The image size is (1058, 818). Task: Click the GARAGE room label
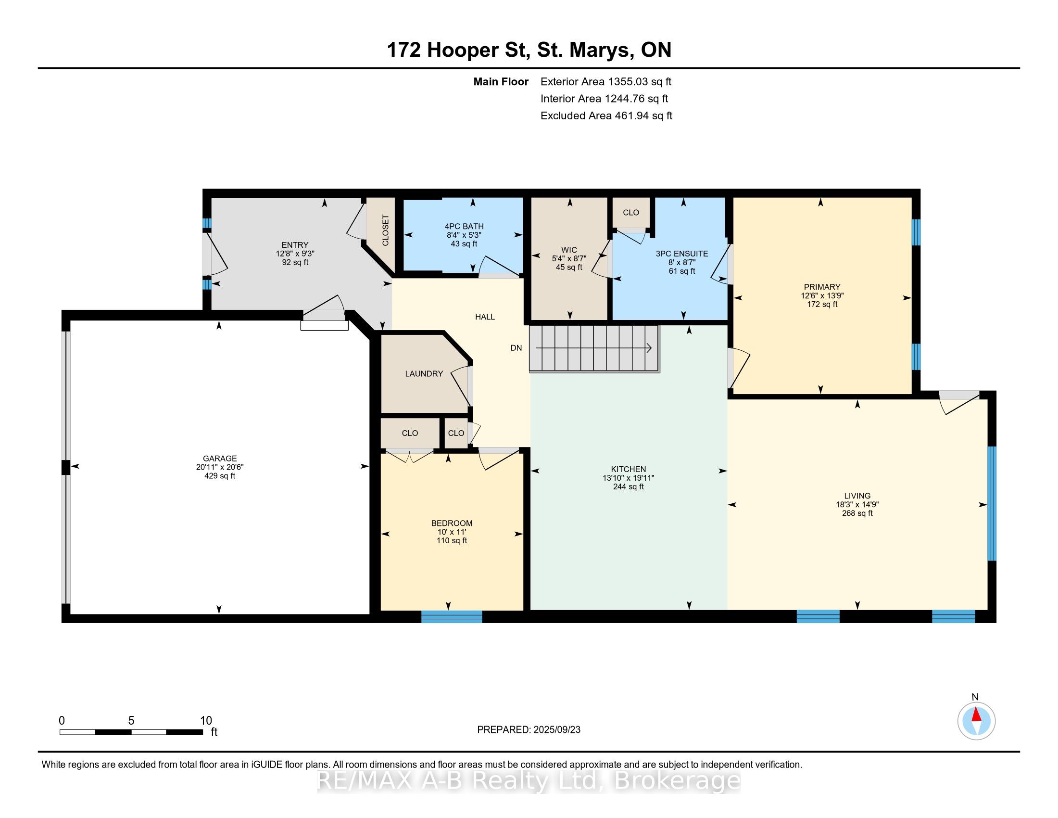pyautogui.click(x=219, y=459)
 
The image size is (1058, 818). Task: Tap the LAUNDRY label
pyautogui.click(x=424, y=373)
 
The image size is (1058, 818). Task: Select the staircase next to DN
pyautogui.click(x=594, y=348)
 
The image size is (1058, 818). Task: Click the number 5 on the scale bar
pyautogui.click(x=131, y=721)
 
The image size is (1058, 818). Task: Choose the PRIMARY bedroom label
pyautogui.click(x=822, y=287)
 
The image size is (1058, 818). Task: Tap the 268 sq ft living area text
pyautogui.click(x=857, y=513)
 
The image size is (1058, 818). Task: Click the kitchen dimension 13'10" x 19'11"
pyautogui.click(x=629, y=478)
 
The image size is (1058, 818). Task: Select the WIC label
pyautogui.click(x=569, y=250)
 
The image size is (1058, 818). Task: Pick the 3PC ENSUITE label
pyautogui.click(x=681, y=254)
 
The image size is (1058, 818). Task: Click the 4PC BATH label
pyautogui.click(x=464, y=226)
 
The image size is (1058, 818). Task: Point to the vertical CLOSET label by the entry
pyautogui.click(x=386, y=230)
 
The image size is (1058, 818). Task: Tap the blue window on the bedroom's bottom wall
pyautogui.click(x=452, y=616)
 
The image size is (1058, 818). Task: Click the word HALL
pyautogui.click(x=485, y=317)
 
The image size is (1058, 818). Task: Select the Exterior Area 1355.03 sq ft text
pyautogui.click(x=606, y=81)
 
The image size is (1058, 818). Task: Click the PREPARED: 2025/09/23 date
pyautogui.click(x=529, y=730)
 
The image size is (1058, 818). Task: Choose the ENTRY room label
pyautogui.click(x=295, y=245)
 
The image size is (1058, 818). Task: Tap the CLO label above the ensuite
pyautogui.click(x=631, y=212)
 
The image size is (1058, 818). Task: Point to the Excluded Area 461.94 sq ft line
pyautogui.click(x=606, y=116)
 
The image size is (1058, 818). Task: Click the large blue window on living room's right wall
pyautogui.click(x=992, y=503)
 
